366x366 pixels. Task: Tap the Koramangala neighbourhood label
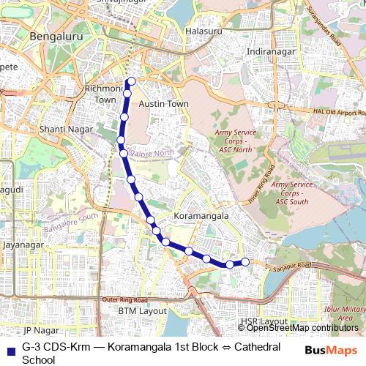[201, 217]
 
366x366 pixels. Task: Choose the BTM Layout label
[143, 311]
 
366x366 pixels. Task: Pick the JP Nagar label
[40, 331]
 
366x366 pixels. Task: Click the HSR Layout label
[263, 321]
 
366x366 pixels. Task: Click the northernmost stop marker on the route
[132, 81]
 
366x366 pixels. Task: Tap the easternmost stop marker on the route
[245, 262]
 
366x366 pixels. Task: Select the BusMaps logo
[331, 351]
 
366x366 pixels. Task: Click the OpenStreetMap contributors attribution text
[302, 328]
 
